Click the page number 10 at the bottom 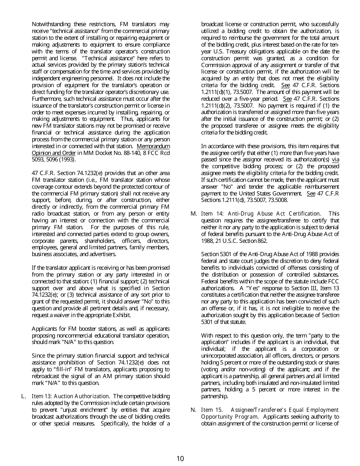[180, 459]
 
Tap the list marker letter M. [193, 214]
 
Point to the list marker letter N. [193, 410]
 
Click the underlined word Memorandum [153, 146]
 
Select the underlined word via [335, 160]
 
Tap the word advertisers [102, 254]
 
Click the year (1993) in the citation [66, 160]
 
